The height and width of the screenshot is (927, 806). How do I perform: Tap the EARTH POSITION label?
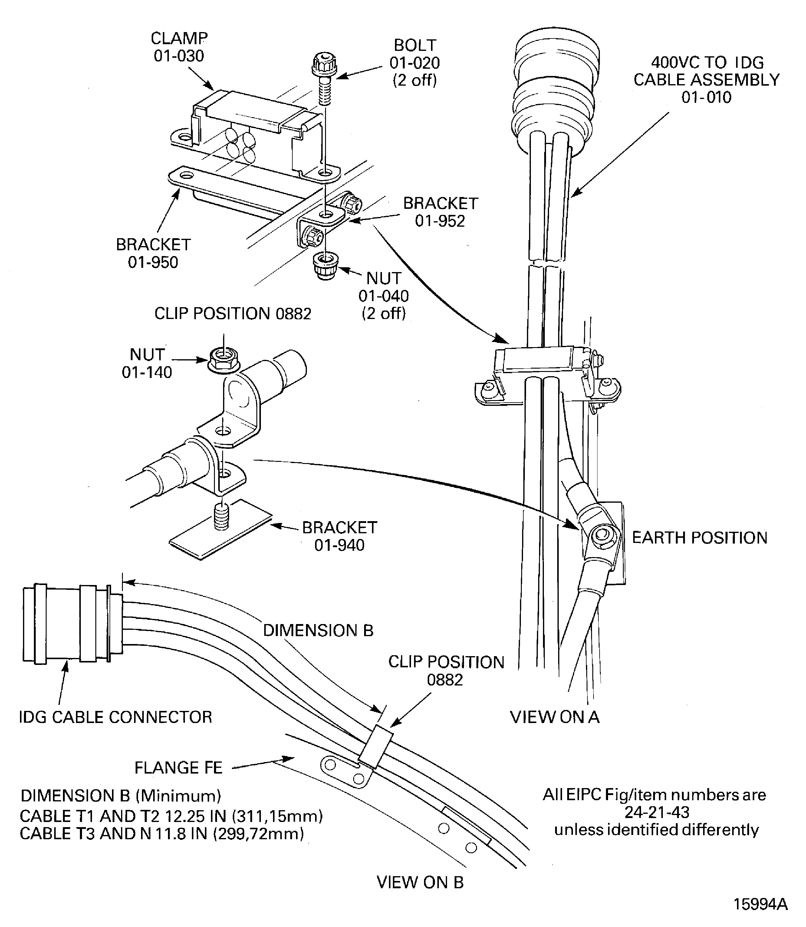[699, 538]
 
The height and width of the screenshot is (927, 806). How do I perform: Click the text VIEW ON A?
[554, 717]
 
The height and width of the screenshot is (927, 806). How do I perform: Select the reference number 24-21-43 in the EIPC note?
[657, 812]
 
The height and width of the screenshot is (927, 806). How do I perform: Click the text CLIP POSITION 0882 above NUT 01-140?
[232, 314]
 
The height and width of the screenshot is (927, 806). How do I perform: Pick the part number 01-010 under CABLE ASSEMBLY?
[706, 97]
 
